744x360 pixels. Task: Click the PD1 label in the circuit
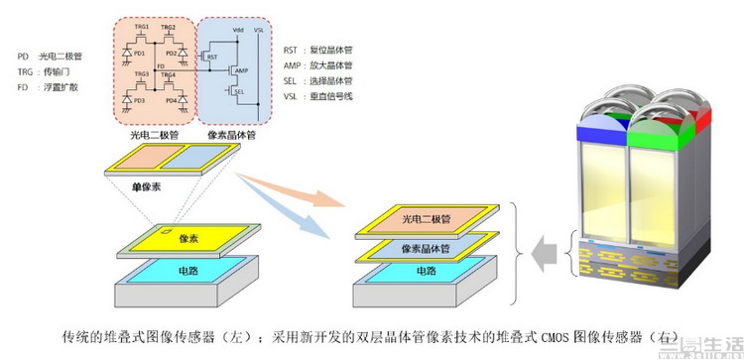(x=140, y=53)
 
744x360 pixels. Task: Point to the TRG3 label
(x=142, y=74)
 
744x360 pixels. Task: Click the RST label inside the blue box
(x=210, y=58)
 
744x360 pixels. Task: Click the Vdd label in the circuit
(x=237, y=31)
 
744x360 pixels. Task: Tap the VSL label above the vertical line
(x=259, y=31)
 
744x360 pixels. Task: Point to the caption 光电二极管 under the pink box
(x=154, y=133)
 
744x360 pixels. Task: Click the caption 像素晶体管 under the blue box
(x=231, y=133)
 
